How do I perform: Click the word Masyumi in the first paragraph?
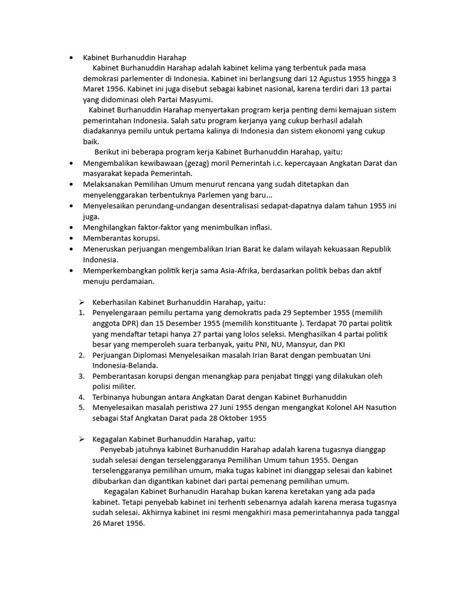pos(196,99)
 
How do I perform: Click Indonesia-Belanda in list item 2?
pos(125,366)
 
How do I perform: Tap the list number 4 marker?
pos(81,397)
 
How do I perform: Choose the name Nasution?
pos(379,408)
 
